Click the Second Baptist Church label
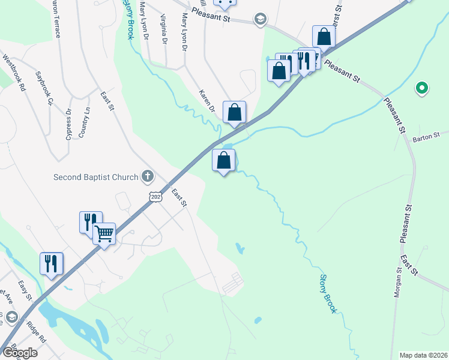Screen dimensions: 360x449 tap(96, 177)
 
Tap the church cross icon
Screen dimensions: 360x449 tap(147, 176)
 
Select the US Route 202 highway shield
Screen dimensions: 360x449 tap(155, 197)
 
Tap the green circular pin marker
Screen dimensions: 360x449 tap(422, 89)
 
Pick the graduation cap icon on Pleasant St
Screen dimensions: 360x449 tap(260, 19)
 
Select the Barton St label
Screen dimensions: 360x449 tap(426, 137)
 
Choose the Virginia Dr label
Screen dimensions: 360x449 tap(163, 29)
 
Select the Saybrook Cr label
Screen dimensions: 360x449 tap(44, 89)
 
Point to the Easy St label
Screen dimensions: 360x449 tap(25, 290)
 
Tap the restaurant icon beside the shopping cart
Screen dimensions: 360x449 tap(91, 221)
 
